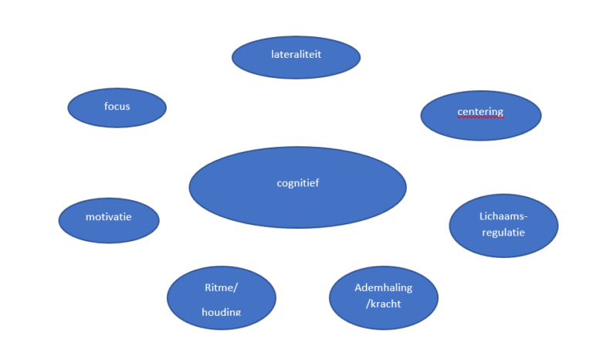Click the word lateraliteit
[x=296, y=55]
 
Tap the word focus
[x=117, y=106]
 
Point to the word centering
[x=480, y=111]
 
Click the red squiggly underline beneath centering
[x=480, y=118]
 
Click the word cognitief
[x=297, y=183]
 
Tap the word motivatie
[x=108, y=216]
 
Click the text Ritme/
[x=222, y=288]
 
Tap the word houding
[x=222, y=312]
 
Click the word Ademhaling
[x=383, y=287]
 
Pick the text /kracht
[x=383, y=304]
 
